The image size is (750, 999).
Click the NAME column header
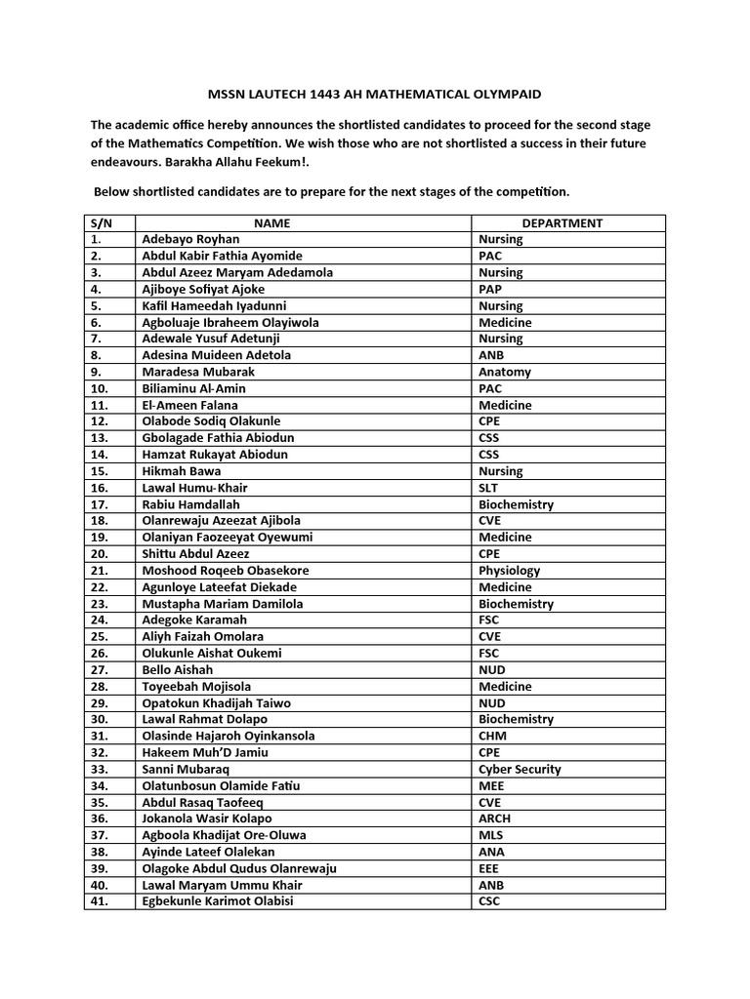pyautogui.click(x=271, y=223)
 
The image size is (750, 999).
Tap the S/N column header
pyautogui.click(x=102, y=223)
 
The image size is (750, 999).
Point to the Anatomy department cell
pyautogui.click(x=505, y=372)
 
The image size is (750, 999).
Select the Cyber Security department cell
pyautogui.click(x=520, y=769)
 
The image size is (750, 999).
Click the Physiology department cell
pyautogui.click(x=509, y=571)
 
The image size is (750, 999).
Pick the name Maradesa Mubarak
pyautogui.click(x=191, y=372)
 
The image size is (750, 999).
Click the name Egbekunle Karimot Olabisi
pyautogui.click(x=217, y=901)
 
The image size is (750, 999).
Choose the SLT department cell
pyautogui.click(x=488, y=488)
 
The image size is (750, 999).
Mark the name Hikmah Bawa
pyautogui.click(x=181, y=471)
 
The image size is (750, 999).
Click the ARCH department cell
pyautogui.click(x=494, y=819)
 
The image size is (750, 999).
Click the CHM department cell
pyautogui.click(x=492, y=736)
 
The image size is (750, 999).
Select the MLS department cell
pyautogui.click(x=490, y=835)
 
